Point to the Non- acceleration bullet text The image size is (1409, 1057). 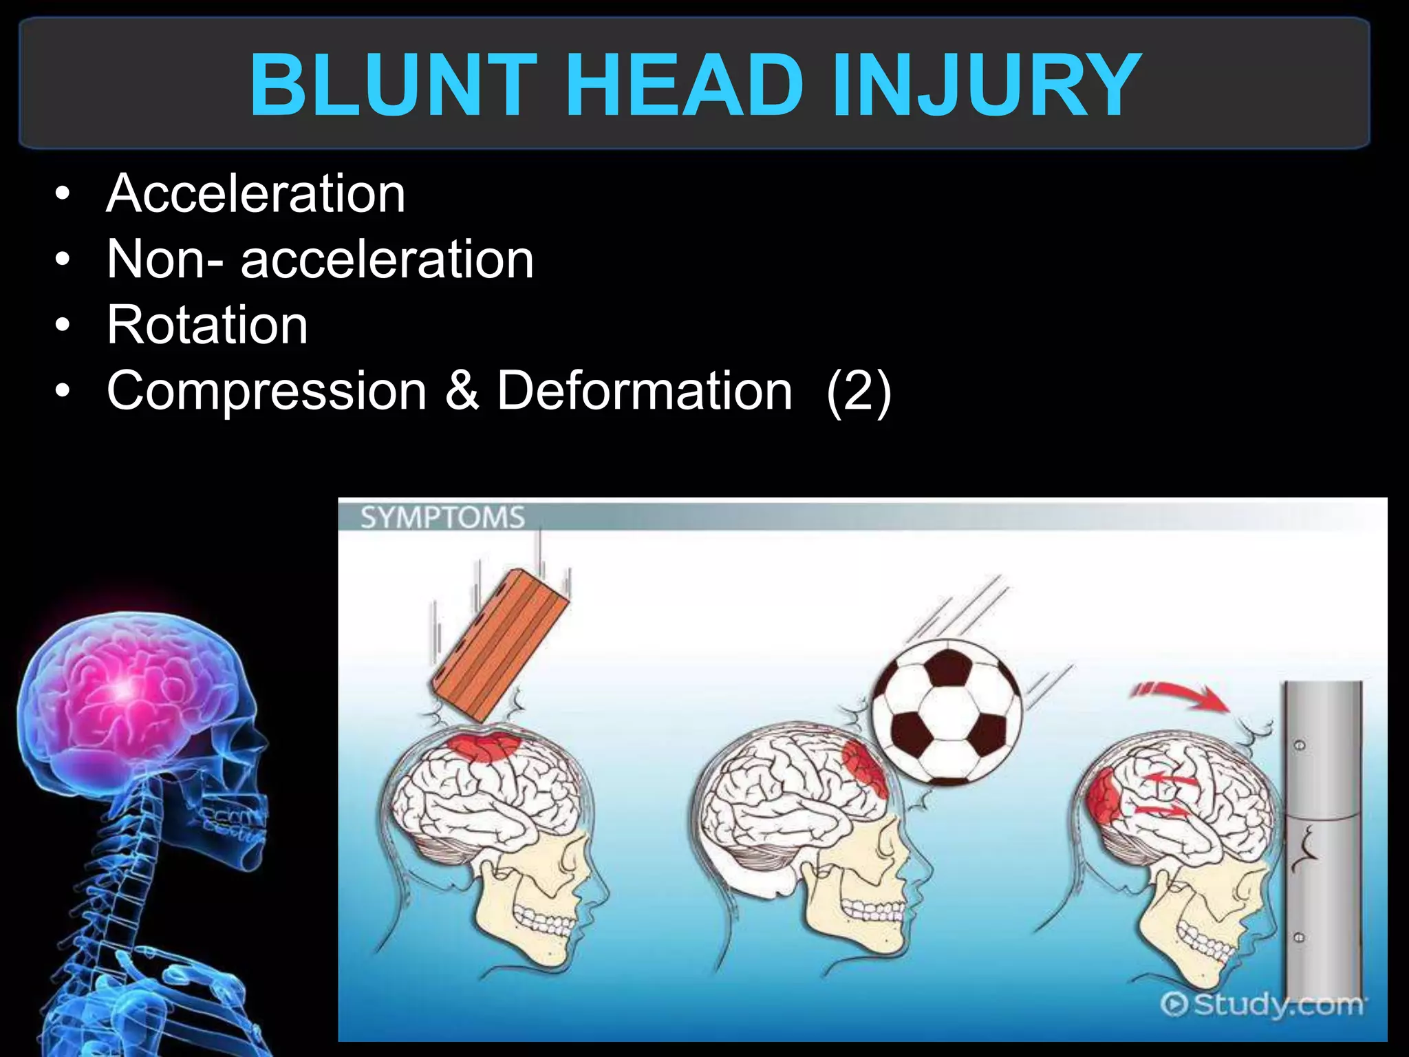(320, 259)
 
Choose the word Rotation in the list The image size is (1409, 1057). (207, 325)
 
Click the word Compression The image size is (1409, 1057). (267, 391)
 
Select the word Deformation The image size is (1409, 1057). (645, 391)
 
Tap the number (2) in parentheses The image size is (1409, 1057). (859, 391)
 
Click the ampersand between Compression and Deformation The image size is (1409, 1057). (462, 391)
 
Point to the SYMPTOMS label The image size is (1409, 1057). (442, 517)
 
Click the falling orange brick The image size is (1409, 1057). (499, 644)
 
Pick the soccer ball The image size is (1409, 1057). (947, 713)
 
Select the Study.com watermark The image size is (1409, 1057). (1262, 1004)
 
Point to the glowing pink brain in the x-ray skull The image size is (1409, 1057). (124, 688)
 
